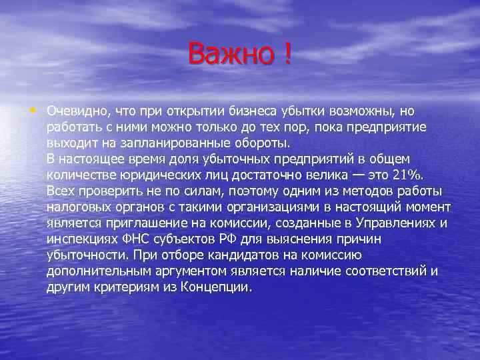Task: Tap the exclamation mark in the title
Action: [x=287, y=54]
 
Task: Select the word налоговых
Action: [x=77, y=207]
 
